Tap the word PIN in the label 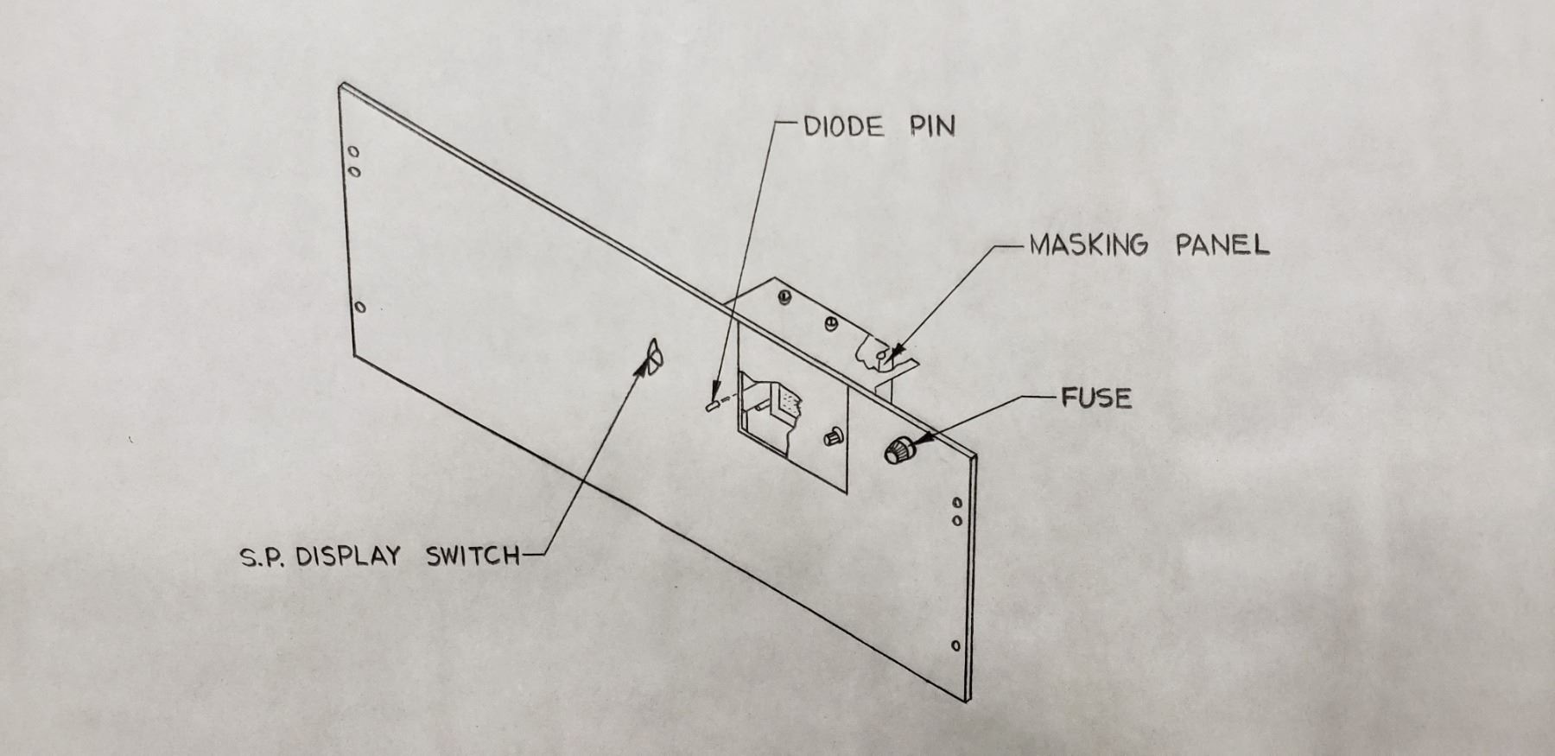pyautogui.click(x=932, y=127)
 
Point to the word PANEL pyautogui.click(x=1222, y=245)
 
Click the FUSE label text pyautogui.click(x=1096, y=398)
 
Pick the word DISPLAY pyautogui.click(x=348, y=556)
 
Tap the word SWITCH pyautogui.click(x=473, y=556)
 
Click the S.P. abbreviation pyautogui.click(x=263, y=557)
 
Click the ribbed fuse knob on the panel pyautogui.click(x=898, y=449)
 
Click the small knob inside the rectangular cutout pyautogui.click(x=834, y=436)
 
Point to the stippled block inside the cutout pyautogui.click(x=790, y=403)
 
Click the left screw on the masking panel pyautogui.click(x=784, y=297)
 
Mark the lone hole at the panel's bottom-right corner pyautogui.click(x=955, y=645)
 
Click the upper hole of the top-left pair pyautogui.click(x=352, y=153)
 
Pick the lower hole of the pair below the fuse pyautogui.click(x=957, y=521)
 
